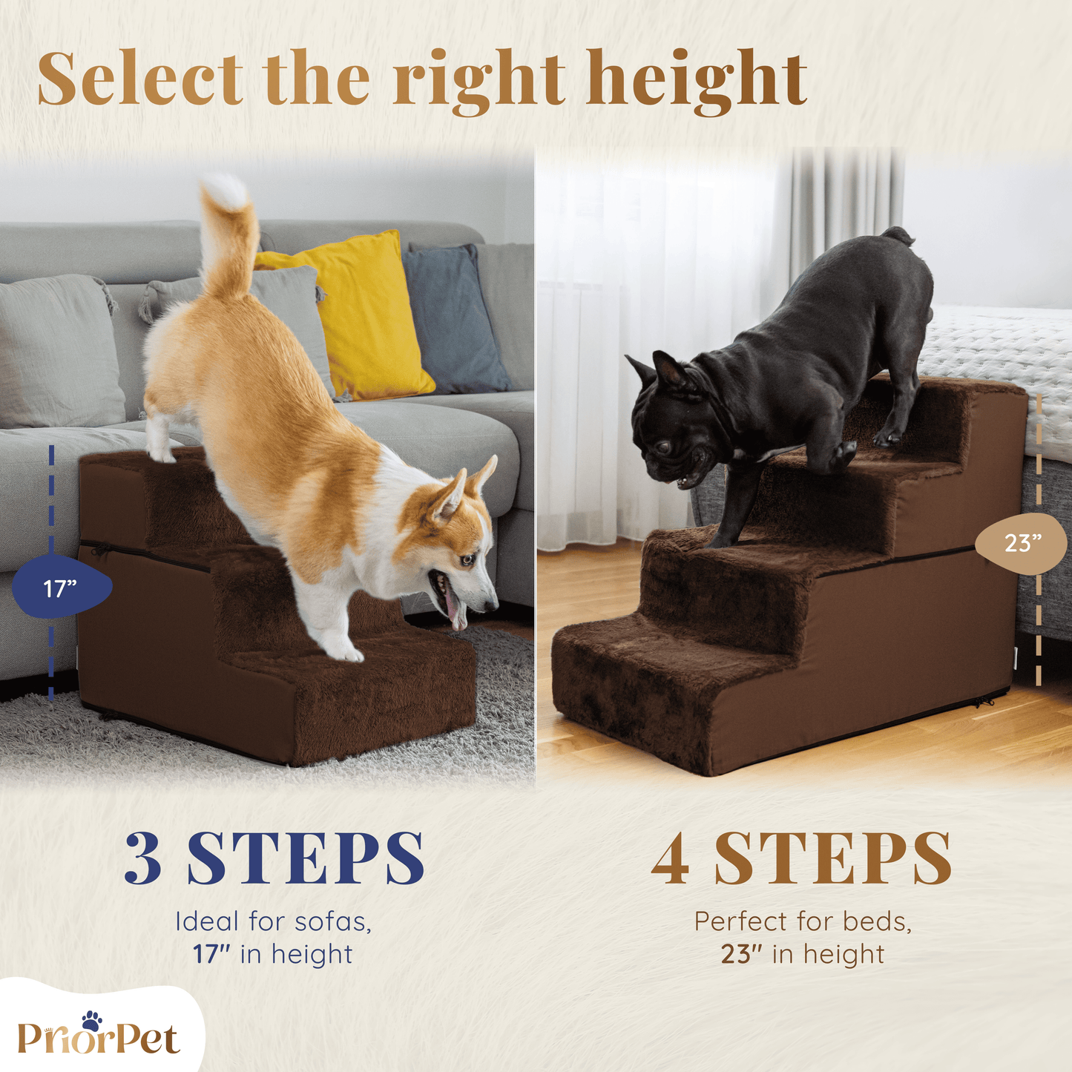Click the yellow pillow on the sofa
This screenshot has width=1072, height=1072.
(356, 317)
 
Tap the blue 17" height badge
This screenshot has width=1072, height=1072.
(62, 588)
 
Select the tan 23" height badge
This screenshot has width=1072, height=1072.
(1022, 543)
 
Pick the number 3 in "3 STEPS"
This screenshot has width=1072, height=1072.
(144, 866)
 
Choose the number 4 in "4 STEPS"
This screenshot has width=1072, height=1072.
(671, 866)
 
